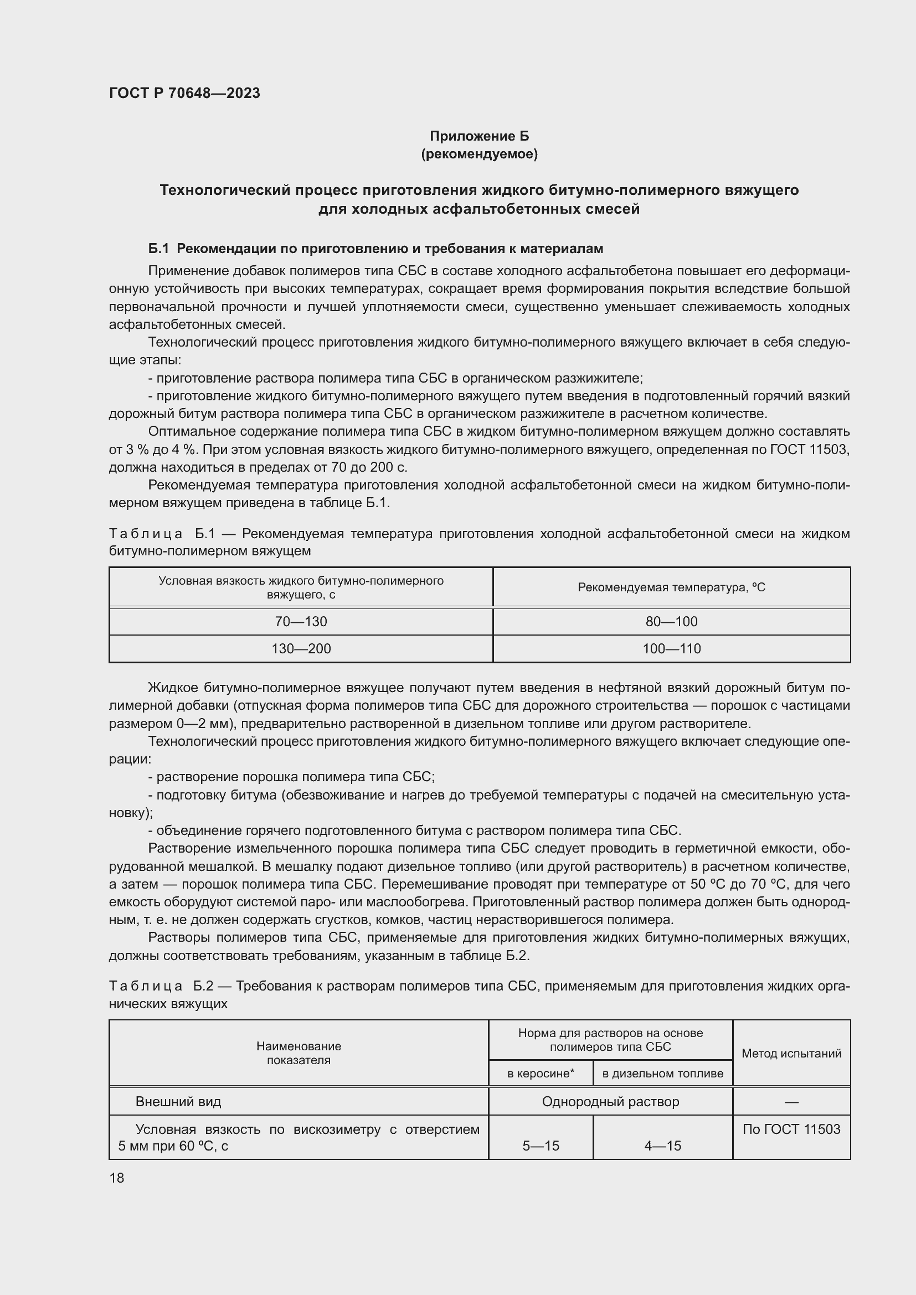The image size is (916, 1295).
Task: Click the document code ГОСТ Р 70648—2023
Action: coord(184,93)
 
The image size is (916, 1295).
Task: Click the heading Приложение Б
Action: coord(479,136)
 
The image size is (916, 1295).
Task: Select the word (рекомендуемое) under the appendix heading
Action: coord(479,154)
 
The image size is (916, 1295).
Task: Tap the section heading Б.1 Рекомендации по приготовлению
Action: coord(375,248)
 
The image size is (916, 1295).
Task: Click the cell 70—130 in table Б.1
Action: coord(301,622)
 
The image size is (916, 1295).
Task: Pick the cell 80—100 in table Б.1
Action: coord(671,622)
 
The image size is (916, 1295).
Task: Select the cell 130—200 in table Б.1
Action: coord(301,649)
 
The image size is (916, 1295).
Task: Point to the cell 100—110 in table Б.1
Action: coord(671,649)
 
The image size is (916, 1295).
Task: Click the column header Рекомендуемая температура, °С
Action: coord(671,587)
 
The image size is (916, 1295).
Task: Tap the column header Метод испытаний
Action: coord(791,1053)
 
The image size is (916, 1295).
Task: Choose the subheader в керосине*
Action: coord(541,1074)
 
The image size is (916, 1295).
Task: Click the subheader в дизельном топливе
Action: coord(662,1074)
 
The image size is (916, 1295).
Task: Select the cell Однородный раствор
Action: coord(610,1102)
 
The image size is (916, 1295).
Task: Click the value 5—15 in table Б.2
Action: coord(541,1146)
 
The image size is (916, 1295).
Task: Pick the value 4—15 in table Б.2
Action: coord(662,1146)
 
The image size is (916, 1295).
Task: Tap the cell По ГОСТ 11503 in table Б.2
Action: coord(791,1129)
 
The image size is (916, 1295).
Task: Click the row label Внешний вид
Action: coord(178,1102)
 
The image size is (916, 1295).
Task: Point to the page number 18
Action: coord(117,1178)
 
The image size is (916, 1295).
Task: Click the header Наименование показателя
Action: coord(299,1053)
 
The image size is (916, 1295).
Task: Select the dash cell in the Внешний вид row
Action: coord(791,1102)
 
